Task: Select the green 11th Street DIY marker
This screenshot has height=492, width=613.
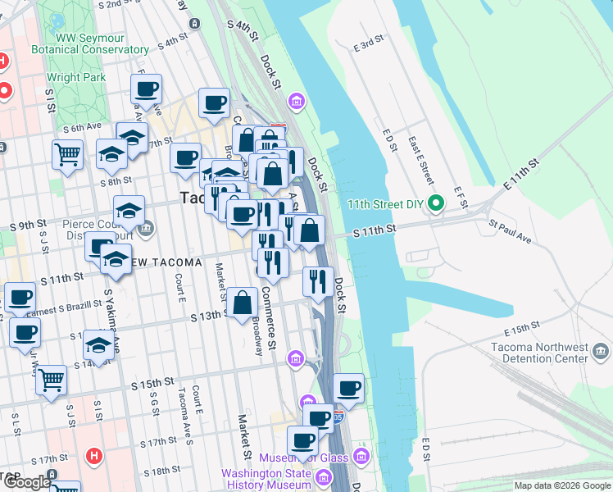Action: tap(438, 203)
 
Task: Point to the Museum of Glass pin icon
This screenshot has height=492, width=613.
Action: tap(361, 456)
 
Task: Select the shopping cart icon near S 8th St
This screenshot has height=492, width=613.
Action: tap(68, 153)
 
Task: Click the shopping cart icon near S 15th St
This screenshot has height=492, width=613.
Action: tap(52, 380)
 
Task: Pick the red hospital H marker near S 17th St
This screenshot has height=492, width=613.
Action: tap(94, 455)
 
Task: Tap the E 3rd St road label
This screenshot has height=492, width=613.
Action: tap(368, 43)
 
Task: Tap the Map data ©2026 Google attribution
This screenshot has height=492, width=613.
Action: tap(562, 485)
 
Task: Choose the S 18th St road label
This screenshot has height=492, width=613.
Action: tap(160, 470)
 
